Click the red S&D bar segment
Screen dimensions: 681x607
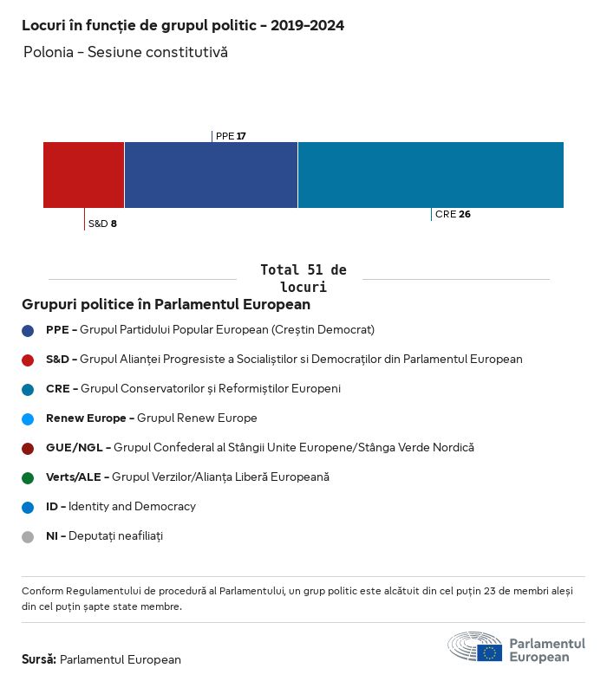coord(83,174)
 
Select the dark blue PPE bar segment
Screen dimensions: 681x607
coord(211,174)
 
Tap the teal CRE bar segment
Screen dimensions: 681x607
coord(430,174)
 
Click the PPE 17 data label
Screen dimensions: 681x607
coord(231,136)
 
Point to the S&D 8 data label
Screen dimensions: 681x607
coord(102,224)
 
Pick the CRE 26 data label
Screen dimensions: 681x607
coord(453,214)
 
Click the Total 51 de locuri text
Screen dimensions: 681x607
coord(303,278)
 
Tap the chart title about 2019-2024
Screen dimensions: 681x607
coord(183,26)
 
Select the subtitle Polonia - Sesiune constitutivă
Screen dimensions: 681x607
coord(126,52)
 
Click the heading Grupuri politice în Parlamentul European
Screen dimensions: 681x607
coord(166,305)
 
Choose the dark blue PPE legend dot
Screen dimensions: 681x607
coord(28,330)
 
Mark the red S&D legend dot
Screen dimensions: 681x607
coord(28,360)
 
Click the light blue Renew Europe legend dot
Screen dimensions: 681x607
coord(28,418)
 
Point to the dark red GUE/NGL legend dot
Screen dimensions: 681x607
coord(28,448)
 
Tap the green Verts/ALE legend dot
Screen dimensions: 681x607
coord(28,477)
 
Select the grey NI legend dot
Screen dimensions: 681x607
coord(28,536)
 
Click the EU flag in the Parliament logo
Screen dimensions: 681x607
coord(489,652)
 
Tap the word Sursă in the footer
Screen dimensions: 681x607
coord(39,659)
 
